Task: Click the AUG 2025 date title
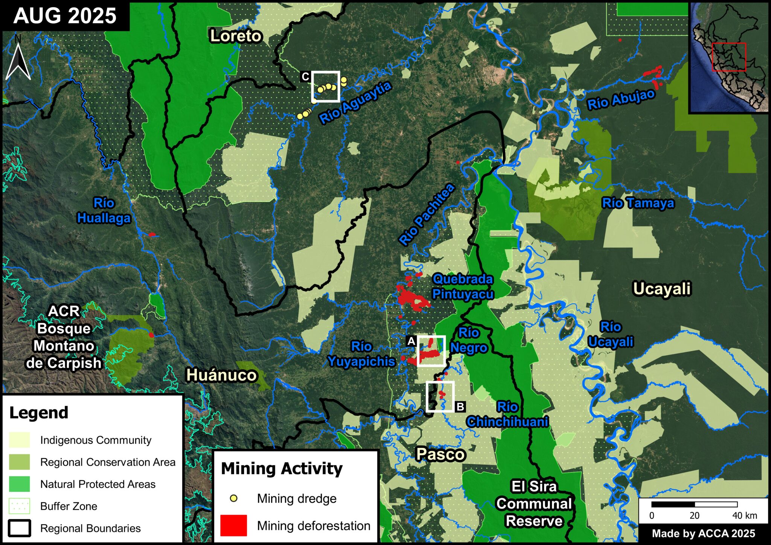pos(65,16)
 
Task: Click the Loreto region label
pos(236,36)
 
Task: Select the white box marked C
pos(325,87)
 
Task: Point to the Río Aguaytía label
pos(355,103)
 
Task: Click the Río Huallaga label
pos(104,211)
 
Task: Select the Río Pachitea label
pos(427,215)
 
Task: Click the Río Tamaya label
pos(638,203)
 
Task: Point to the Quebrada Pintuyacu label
pos(463,286)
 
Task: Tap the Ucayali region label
pos(662,289)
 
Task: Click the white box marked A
pos(431,350)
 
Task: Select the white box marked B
pos(440,396)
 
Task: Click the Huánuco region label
pos(221,375)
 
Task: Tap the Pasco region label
pos(440,454)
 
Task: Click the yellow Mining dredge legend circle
pos(233,498)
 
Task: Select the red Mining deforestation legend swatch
pos(233,525)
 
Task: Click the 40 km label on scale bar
pos(744,516)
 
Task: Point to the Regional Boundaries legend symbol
pos(19,528)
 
